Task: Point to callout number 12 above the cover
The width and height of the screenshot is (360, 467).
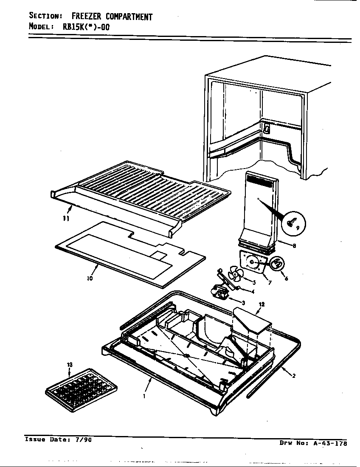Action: [262, 304]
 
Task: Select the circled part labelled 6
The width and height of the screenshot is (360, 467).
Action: [276, 264]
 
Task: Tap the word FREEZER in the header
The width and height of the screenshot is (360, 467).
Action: [88, 17]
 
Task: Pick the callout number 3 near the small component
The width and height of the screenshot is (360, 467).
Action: [243, 302]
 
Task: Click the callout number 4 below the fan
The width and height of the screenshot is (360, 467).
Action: [252, 291]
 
